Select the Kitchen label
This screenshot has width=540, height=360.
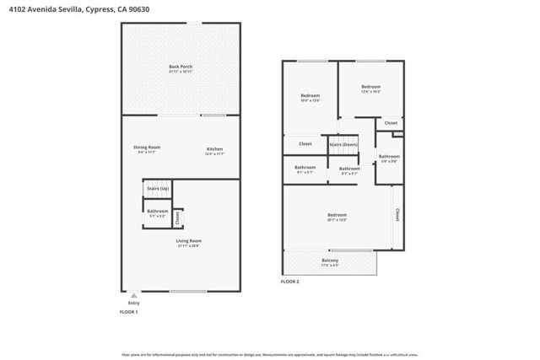coord(215,150)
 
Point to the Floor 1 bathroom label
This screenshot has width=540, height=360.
coord(158,212)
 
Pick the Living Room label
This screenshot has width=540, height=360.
coord(188,243)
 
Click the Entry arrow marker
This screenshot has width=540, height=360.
coord(133,296)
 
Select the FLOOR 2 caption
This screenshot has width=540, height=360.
coord(291,282)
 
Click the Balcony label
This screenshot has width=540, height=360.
coord(330,261)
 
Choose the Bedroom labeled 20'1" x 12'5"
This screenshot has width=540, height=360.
coord(337,217)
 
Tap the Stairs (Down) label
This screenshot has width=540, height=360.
coord(343,144)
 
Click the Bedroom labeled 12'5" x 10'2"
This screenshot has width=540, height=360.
coord(371,88)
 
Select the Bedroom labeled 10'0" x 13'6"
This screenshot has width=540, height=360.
coord(310,98)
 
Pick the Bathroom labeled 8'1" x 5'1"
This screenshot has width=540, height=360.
coord(305,169)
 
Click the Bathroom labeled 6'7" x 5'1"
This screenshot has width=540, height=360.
coord(349,170)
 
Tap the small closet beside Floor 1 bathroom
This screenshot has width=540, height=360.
coord(177,217)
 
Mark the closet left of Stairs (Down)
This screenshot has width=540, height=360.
coord(305,144)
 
